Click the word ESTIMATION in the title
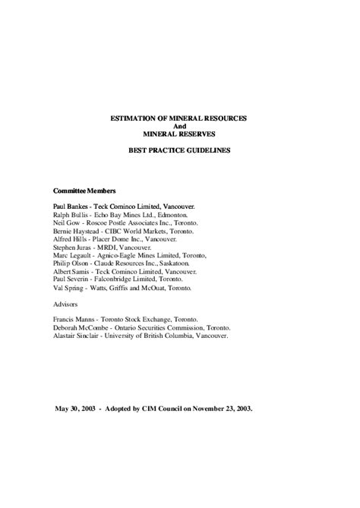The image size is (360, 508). click(x=132, y=118)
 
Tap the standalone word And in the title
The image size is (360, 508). click(x=180, y=126)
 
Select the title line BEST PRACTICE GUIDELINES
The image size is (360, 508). click(x=180, y=150)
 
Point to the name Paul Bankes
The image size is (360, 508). click(x=73, y=206)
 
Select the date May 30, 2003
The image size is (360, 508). click(x=80, y=408)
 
